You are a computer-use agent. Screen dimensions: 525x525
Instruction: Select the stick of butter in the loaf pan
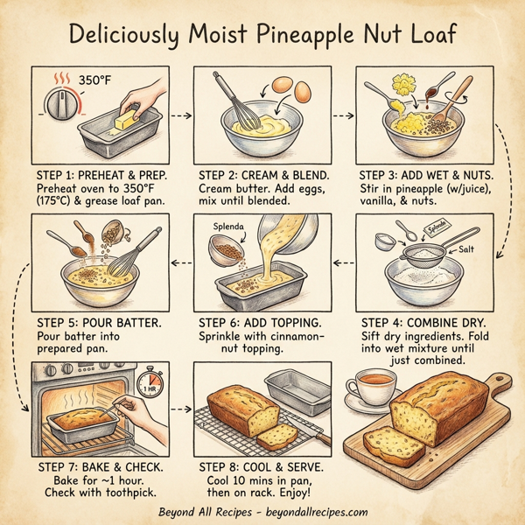tap(125, 119)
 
